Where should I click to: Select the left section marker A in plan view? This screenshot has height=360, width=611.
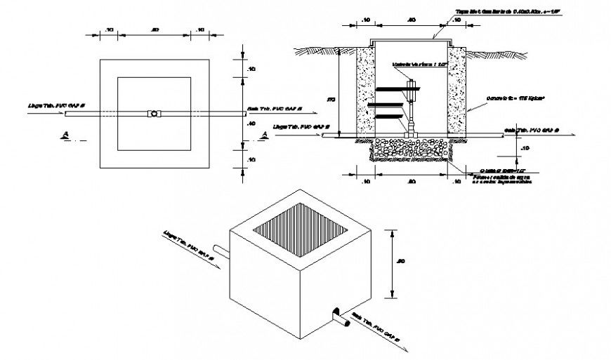coord(65,135)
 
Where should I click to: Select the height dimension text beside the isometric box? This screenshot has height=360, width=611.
coord(401,261)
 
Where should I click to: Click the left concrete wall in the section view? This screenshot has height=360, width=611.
coord(366,91)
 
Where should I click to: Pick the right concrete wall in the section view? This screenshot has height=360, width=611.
coord(458,91)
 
